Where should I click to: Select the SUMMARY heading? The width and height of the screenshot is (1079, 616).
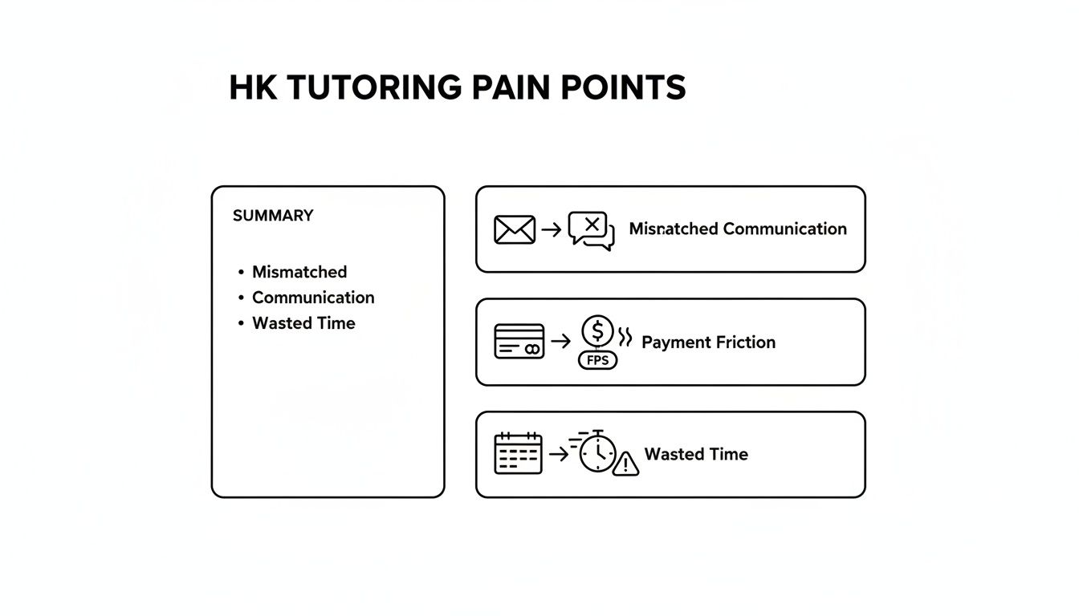[273, 216]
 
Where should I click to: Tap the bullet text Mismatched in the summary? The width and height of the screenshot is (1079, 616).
[299, 272]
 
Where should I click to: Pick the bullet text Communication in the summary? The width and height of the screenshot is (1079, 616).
[313, 298]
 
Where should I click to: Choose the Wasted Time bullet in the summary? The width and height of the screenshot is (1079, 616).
[303, 323]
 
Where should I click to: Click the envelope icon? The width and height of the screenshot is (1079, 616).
[515, 229]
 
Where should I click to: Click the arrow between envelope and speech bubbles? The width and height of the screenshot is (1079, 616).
[552, 230]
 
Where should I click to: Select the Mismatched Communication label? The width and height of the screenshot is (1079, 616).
[738, 229]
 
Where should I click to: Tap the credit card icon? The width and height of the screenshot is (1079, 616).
[519, 342]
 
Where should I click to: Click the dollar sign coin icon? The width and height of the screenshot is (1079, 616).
[597, 330]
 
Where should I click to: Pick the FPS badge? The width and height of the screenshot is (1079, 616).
[598, 360]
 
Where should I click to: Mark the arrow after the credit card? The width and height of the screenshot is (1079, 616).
[561, 342]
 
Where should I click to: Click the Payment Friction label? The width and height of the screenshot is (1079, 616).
[709, 342]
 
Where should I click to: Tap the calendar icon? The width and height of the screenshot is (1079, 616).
[518, 454]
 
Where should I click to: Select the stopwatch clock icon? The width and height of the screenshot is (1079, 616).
[597, 453]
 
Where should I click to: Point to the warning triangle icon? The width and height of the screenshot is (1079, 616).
[625, 463]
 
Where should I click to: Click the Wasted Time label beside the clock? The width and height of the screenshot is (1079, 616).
[696, 455]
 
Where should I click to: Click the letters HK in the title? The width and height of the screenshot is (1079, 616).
[253, 87]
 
